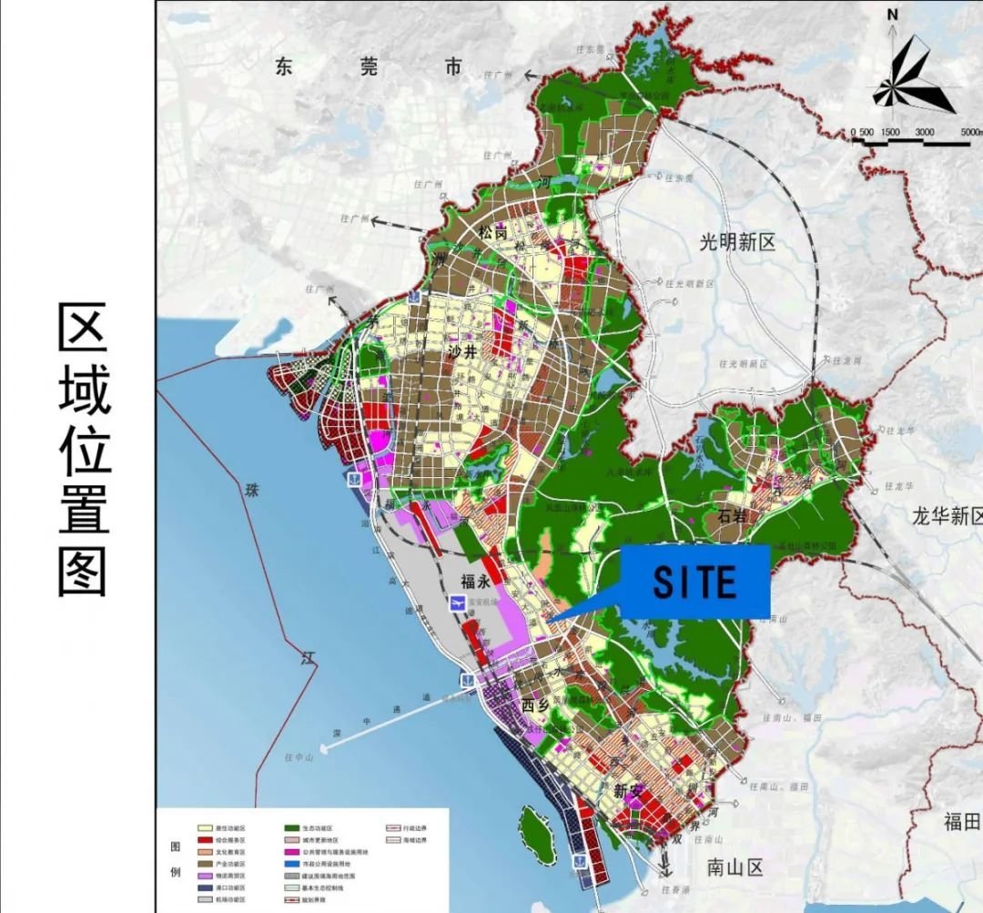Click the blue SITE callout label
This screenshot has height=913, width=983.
[694, 582]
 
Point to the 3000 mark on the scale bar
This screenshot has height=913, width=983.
[924, 132]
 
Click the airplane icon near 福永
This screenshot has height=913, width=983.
[458, 604]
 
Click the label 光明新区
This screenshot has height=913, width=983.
[737, 242]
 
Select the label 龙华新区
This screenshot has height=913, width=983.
[947, 517]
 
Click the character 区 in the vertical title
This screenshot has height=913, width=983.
[84, 327]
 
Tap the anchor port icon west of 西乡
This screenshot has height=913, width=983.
[465, 679]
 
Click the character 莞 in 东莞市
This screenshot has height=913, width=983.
[368, 66]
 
